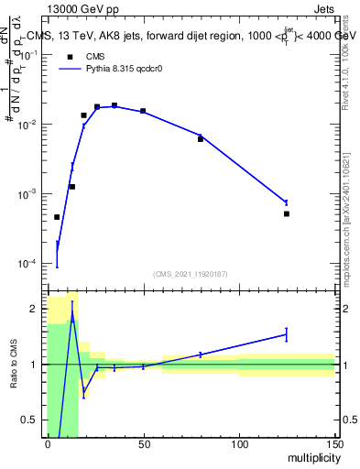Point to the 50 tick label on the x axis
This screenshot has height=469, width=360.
tap(143, 444)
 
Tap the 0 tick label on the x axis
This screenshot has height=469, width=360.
tap(48, 444)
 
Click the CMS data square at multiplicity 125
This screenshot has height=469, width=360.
tap(287, 213)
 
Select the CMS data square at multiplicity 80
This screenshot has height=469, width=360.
tap(201, 139)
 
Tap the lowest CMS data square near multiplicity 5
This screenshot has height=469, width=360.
tap(57, 217)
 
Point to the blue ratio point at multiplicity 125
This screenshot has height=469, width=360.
tap(287, 334)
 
